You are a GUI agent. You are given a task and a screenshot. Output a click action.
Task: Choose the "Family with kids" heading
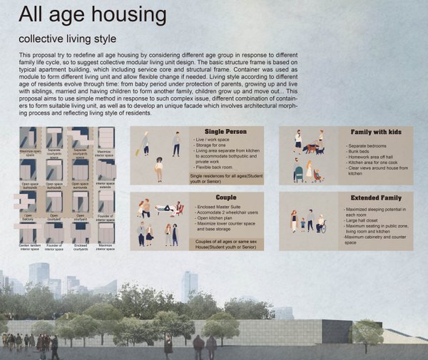click(377, 132)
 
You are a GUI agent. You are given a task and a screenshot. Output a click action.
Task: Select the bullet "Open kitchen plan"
click(216, 217)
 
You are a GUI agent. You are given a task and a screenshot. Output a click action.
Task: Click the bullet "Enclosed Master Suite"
click(220, 205)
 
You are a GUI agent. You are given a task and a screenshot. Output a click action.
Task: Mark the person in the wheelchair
click(321, 225)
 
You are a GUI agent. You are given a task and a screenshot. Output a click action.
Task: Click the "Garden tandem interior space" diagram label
click(30, 246)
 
